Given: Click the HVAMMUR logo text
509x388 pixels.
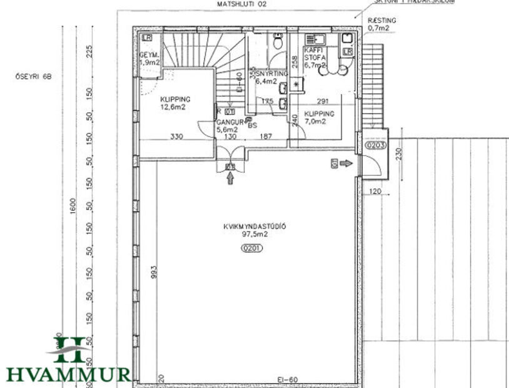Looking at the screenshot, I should click(68, 374).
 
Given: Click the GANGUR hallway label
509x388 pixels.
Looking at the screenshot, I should click(229, 122).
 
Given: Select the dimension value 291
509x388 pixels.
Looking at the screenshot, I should click(323, 101).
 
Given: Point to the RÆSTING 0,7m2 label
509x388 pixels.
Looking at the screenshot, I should click(382, 24).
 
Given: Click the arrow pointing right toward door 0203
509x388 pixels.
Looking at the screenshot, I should click(346, 163).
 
